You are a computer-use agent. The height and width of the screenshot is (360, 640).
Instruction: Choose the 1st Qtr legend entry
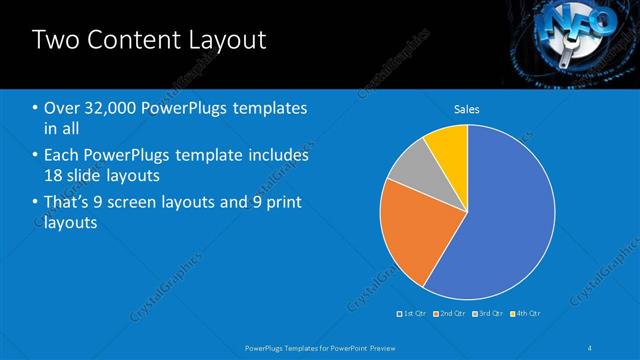click(413, 313)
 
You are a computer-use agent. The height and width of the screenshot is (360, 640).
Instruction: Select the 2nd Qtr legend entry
click(450, 313)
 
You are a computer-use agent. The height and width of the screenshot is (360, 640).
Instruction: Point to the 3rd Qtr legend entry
click(487, 313)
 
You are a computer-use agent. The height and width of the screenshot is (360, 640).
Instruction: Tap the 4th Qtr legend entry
click(524, 313)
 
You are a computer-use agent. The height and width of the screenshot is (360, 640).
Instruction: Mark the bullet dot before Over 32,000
click(35, 108)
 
